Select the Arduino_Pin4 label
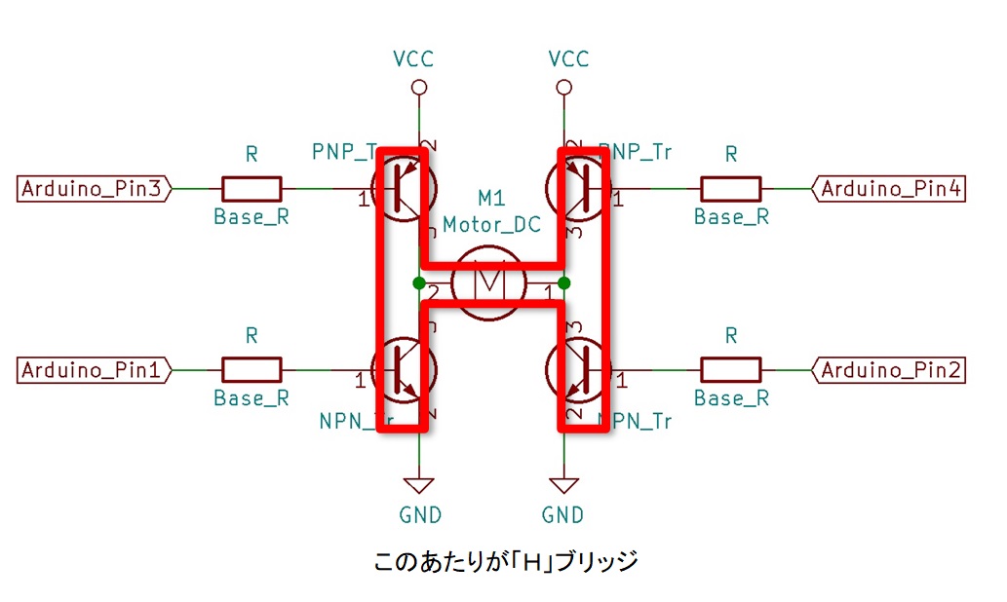(889, 189)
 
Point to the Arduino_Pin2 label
(889, 370)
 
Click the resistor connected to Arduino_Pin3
(252, 189)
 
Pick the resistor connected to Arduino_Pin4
(731, 189)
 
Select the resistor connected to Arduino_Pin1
(252, 370)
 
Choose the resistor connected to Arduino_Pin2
(731, 370)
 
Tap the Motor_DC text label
(491, 224)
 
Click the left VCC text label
(412, 59)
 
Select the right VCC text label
(568, 59)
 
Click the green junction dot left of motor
(419, 283)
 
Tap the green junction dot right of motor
(563, 283)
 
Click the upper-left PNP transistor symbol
(405, 189)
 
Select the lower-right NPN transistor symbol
(579, 370)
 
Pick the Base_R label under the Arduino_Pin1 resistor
(252, 397)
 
